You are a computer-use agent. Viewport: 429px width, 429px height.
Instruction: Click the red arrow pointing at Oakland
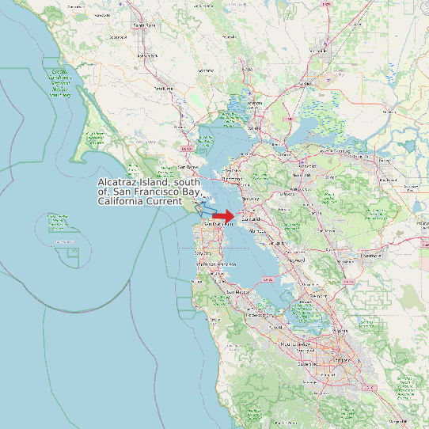pos(224,215)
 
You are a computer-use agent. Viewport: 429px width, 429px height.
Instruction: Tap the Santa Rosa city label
pos(144,25)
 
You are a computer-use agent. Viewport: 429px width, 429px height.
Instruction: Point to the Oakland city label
pos(251,217)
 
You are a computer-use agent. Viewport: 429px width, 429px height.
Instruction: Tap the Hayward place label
pos(297,259)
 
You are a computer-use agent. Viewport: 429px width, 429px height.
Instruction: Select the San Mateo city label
pos(237,292)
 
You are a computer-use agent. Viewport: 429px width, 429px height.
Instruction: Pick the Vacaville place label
pos(320,51)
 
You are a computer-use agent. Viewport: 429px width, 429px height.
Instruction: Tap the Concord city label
pos(306,166)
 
